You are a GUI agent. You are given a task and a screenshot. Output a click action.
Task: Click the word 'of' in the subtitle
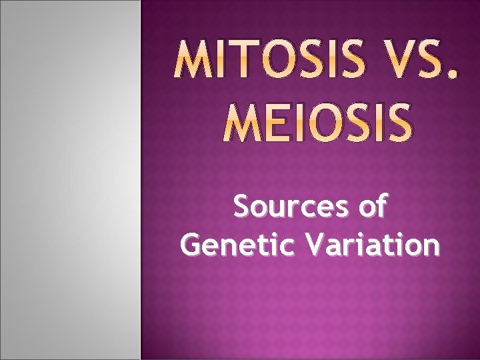click(x=372, y=207)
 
